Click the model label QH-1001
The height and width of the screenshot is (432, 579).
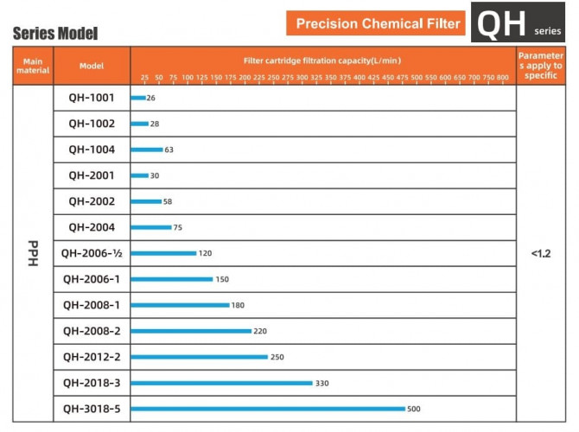pos(92,98)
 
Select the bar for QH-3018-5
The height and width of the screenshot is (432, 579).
pos(268,409)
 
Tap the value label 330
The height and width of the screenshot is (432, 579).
pos(322,383)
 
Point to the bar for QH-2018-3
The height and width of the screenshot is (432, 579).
pos(221,383)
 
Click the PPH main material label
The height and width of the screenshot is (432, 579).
pos(33,254)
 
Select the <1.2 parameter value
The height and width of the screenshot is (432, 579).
pos(540,254)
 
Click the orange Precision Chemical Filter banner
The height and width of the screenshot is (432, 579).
pos(379,23)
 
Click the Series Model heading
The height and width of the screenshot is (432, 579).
pos(54,34)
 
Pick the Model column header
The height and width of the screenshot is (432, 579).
pos(92,66)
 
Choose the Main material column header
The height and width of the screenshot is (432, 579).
pos(33,66)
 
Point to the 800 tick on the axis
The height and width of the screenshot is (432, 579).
pos(503,78)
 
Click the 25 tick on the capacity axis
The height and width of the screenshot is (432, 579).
pos(145,78)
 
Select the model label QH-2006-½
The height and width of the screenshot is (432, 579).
pos(92,253)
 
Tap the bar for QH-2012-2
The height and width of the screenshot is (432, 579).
pos(200,357)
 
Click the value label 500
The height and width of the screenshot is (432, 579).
pos(415,409)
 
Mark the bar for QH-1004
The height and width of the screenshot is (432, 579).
pos(147,149)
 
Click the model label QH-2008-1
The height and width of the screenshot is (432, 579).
pos(92,305)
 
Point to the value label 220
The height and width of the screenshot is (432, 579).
pos(260,331)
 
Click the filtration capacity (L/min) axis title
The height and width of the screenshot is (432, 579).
pos(322,60)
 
